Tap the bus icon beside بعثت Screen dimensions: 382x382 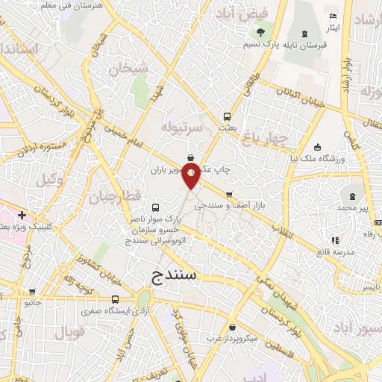[227, 117]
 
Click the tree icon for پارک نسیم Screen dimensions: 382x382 [260, 32]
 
